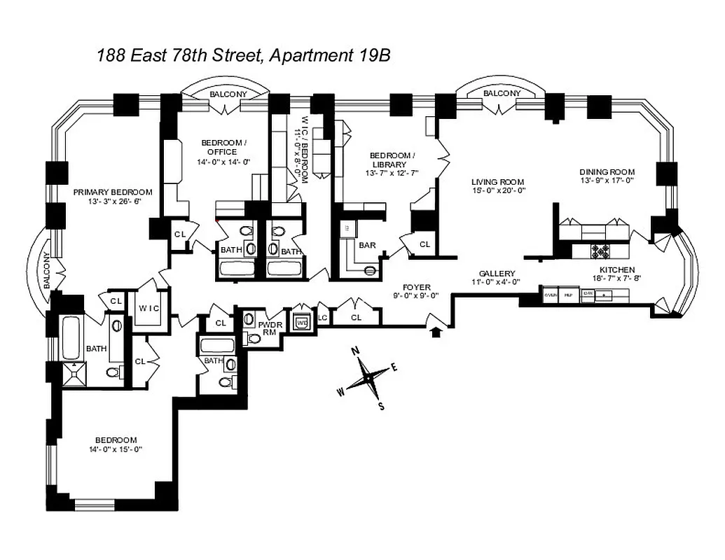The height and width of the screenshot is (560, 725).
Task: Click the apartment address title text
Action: (243, 56)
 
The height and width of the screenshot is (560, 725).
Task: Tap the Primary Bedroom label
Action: (113, 192)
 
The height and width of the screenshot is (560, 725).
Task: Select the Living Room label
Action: (497, 183)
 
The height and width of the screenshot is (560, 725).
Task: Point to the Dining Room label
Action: (607, 172)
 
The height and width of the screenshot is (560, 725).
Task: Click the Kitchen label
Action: (616, 269)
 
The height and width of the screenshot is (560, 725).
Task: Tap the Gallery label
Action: (497, 274)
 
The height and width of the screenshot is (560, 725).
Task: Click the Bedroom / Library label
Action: (389, 160)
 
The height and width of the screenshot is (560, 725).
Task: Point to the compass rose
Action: (367, 377)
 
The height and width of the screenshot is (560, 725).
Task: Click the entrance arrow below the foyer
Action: (437, 331)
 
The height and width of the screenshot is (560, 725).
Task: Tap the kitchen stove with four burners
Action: (600, 249)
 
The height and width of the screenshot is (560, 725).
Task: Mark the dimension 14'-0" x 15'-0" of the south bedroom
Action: (116, 449)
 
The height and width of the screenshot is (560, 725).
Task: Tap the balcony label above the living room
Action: (502, 94)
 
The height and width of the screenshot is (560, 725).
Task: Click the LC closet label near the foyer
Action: (322, 318)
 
